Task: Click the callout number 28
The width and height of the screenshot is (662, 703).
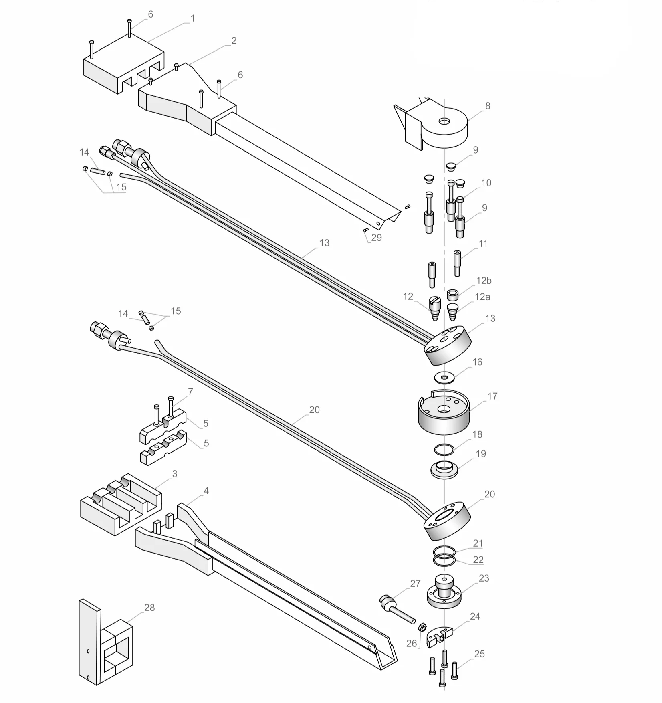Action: pyautogui.click(x=149, y=608)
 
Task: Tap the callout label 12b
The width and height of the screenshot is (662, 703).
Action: pyautogui.click(x=484, y=281)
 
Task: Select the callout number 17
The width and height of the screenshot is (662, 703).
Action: pyautogui.click(x=492, y=396)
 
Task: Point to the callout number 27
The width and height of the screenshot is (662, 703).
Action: pyautogui.click(x=415, y=584)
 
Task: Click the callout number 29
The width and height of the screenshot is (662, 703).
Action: pyautogui.click(x=376, y=238)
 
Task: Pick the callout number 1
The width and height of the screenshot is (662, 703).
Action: pyautogui.click(x=192, y=18)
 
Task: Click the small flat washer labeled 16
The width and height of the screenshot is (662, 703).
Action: pyautogui.click(x=444, y=377)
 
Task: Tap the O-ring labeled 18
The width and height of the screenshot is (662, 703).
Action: pyautogui.click(x=444, y=450)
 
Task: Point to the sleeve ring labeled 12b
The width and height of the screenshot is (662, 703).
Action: pyautogui.click(x=452, y=295)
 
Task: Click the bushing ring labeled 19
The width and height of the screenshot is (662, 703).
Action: pyautogui.click(x=444, y=469)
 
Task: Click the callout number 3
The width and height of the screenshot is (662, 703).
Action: pyautogui.click(x=174, y=474)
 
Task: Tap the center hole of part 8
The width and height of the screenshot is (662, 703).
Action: pyautogui.click(x=444, y=121)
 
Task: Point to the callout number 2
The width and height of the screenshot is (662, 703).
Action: pyautogui.click(x=234, y=41)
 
